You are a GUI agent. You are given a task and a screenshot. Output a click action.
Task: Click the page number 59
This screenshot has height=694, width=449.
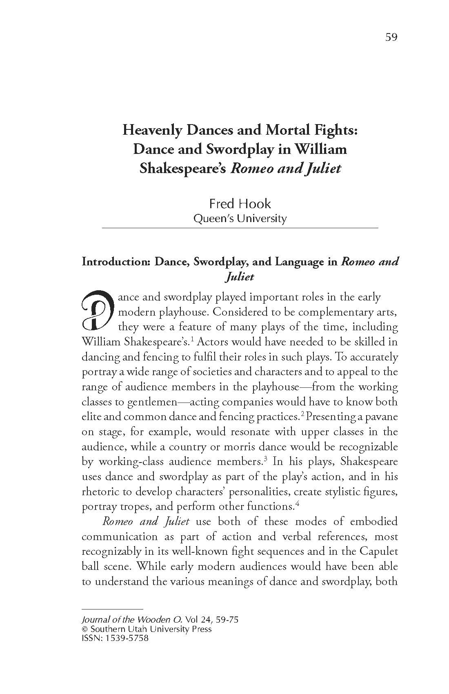[x=391, y=37]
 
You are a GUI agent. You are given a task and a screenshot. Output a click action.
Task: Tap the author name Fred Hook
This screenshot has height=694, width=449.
[x=240, y=203]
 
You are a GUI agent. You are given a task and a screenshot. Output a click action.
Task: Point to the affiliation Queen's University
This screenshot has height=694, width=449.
[x=240, y=218]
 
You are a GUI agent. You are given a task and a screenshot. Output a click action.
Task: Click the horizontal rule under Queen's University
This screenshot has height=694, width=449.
[x=240, y=227]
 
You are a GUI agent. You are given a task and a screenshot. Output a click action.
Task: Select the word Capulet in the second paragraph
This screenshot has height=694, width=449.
[x=378, y=551]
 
